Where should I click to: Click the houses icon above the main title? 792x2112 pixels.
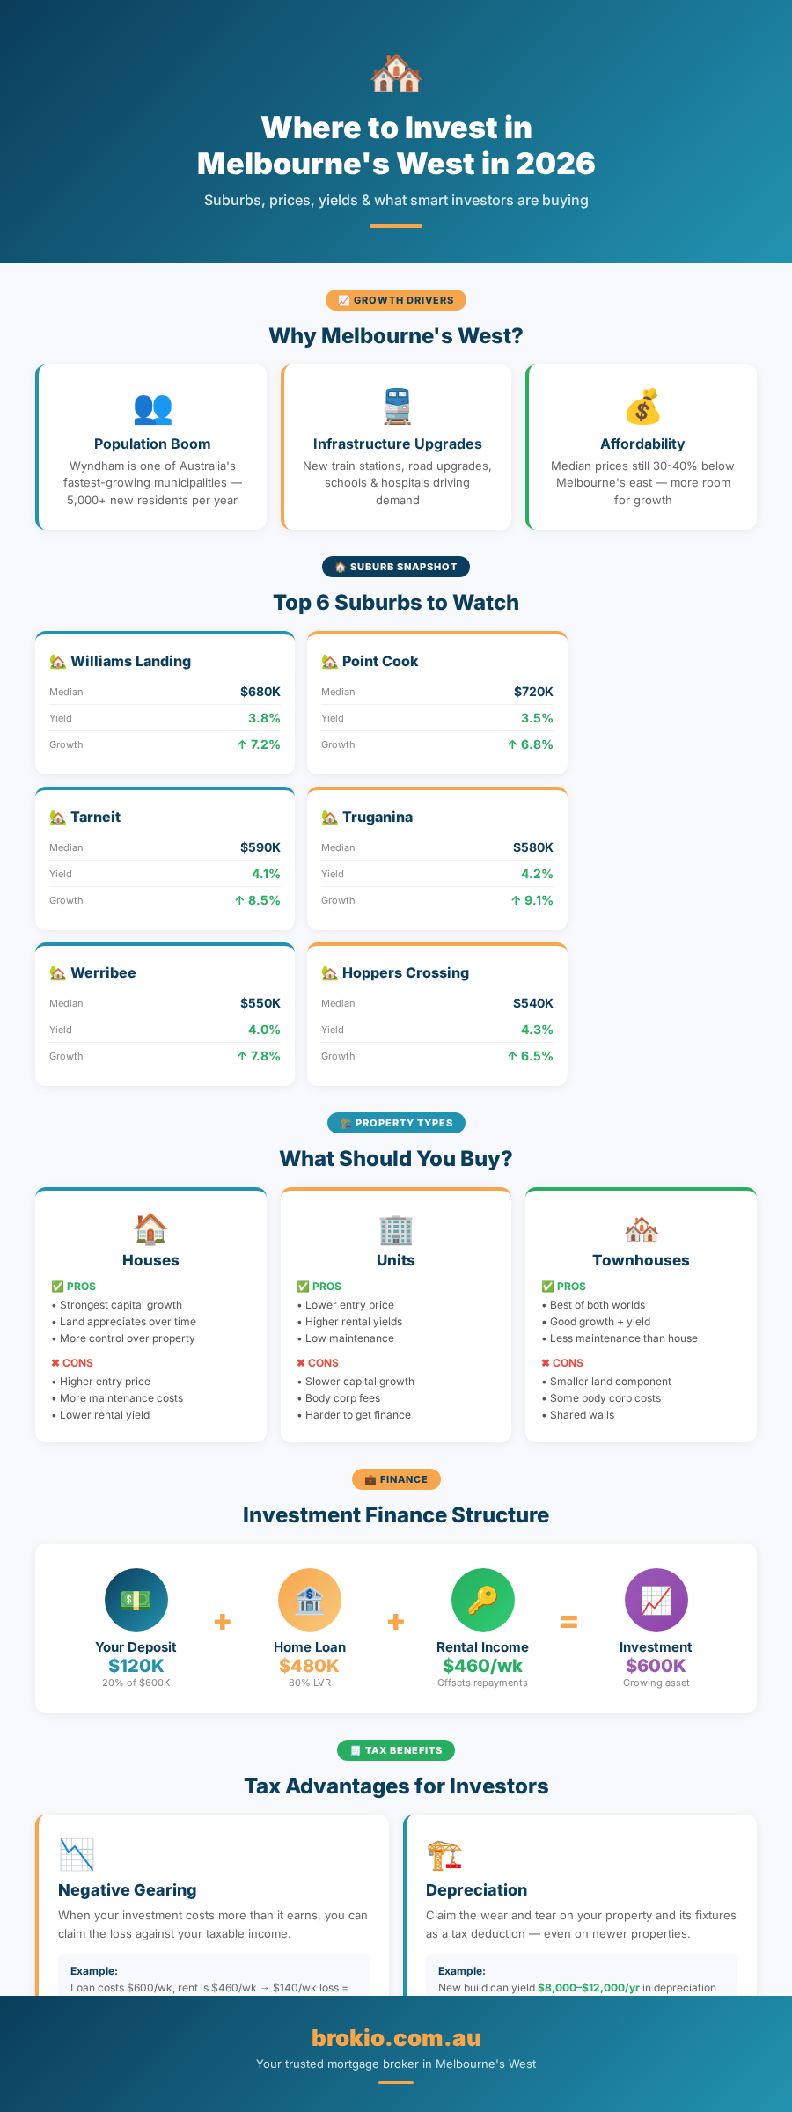[x=396, y=73]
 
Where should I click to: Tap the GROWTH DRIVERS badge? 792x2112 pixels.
[x=396, y=300]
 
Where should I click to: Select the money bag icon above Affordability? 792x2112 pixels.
[x=642, y=407]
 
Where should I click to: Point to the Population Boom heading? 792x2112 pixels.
[x=152, y=444]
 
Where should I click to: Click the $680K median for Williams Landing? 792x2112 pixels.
[x=260, y=692]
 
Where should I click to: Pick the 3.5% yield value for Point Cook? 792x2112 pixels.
[x=537, y=718]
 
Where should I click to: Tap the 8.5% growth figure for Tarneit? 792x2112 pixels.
[x=258, y=900]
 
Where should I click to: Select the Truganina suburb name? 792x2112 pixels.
[x=378, y=817]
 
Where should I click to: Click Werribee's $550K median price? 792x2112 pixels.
[x=260, y=1003]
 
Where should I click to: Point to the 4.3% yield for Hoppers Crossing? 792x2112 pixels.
[x=537, y=1030]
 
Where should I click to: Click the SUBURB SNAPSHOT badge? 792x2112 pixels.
[x=396, y=567]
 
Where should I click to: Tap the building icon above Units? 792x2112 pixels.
[x=396, y=1229]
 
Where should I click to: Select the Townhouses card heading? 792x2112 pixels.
[x=642, y=1260]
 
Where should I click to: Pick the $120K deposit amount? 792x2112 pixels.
[x=136, y=1666]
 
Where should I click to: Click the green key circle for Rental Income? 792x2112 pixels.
[x=483, y=1600]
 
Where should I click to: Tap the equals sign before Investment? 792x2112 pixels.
[x=569, y=1621]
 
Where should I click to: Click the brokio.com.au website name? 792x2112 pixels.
[x=396, y=2038]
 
